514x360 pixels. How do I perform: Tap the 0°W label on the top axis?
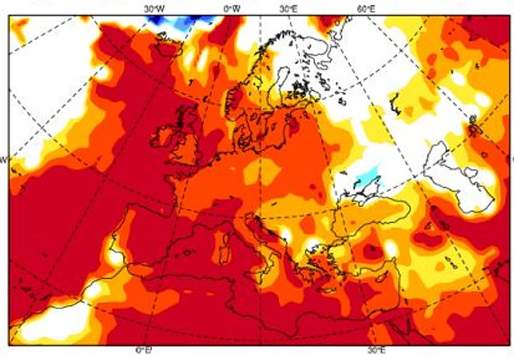232,9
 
